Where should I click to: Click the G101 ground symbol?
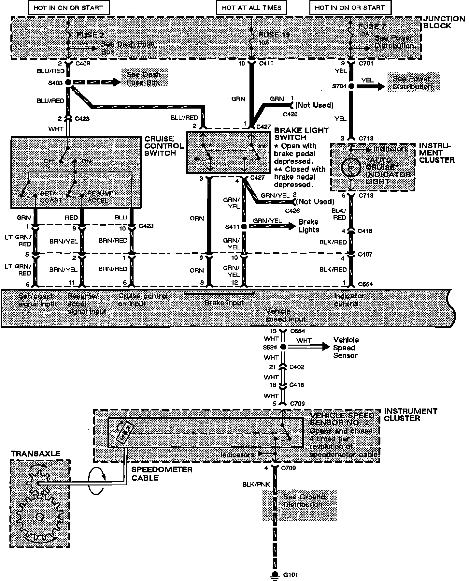pos(275,574)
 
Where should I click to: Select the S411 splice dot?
pos(244,226)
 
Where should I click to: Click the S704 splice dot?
pos(351,86)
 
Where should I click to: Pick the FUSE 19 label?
pos(274,35)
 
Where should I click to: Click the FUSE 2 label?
pos(90,35)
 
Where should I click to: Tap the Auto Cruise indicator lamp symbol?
pos(351,168)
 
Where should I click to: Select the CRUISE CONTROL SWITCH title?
pos(164,146)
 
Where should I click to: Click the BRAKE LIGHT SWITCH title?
pos(301,134)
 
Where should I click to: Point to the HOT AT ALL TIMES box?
pos(251,7)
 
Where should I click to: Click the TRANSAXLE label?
pos(36,454)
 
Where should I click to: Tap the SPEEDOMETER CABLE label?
pos(162,474)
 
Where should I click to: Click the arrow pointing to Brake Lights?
pos(288,226)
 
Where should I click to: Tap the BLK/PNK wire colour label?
pos(256,484)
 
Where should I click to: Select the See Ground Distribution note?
pos(299,501)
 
